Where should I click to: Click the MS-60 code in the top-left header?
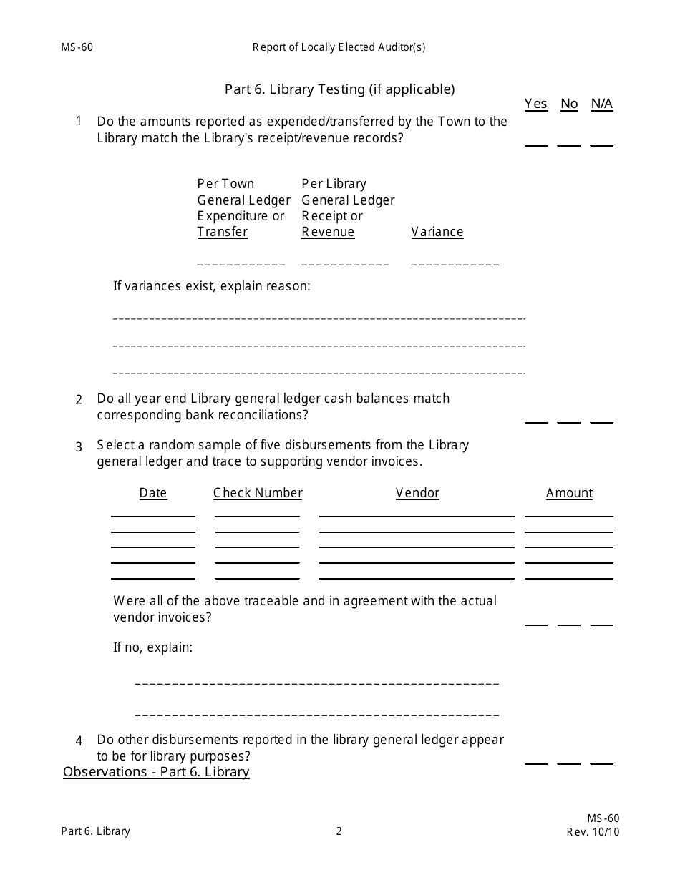click(x=77, y=48)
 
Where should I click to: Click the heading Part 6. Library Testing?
click(x=339, y=89)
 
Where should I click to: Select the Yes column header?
click(x=535, y=104)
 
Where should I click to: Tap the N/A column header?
click(x=602, y=104)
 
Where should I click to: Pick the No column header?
click(x=569, y=104)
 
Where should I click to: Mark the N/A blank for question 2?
click(x=602, y=421)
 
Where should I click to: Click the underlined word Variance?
click(x=437, y=232)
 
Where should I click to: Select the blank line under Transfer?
click(x=241, y=264)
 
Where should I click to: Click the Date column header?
click(x=153, y=493)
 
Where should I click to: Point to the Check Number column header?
click(x=258, y=493)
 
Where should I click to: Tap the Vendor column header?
click(x=417, y=493)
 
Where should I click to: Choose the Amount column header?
click(x=569, y=493)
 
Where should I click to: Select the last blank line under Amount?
click(x=569, y=577)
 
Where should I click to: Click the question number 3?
click(x=79, y=447)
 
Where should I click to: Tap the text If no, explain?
click(x=153, y=648)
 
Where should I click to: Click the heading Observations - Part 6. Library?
click(x=156, y=772)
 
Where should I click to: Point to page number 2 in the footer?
click(x=339, y=831)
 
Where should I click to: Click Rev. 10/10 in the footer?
click(x=593, y=832)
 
